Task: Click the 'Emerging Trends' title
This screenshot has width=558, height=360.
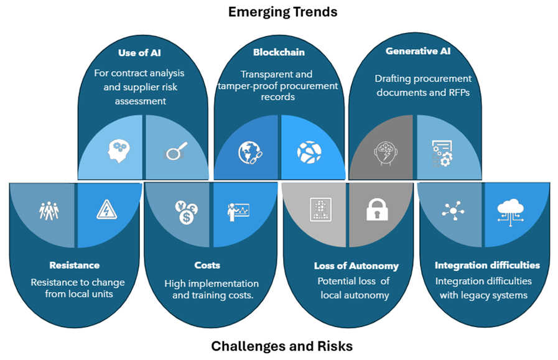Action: (282, 12)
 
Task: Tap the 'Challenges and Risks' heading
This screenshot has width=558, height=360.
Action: (282, 346)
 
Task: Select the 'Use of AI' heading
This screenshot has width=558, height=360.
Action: (139, 53)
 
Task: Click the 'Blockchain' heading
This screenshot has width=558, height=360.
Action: (279, 52)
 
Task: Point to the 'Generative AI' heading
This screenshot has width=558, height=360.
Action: (418, 51)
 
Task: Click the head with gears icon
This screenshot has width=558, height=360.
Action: (119, 151)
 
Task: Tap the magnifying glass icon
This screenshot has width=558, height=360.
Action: (175, 151)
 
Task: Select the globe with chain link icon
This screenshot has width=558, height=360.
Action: (250, 152)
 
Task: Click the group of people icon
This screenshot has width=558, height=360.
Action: (49, 211)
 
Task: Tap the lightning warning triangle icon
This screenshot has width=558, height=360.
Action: (107, 210)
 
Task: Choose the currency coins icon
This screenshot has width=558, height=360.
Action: (186, 213)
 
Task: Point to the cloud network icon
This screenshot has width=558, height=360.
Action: (510, 213)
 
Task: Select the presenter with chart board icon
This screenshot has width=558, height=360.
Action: (238, 212)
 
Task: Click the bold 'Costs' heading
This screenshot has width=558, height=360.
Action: (207, 265)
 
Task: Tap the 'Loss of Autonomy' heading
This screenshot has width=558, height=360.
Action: (356, 266)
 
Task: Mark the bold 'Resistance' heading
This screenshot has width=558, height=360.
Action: (75, 265)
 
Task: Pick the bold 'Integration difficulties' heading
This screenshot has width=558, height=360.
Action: (487, 265)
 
